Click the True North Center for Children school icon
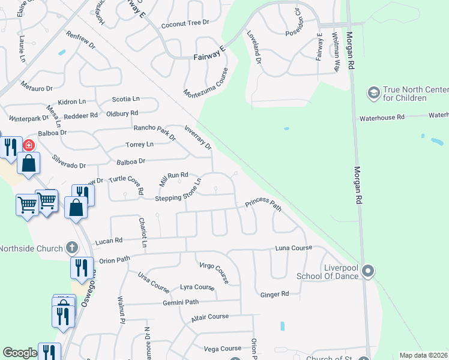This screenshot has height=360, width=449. click(373, 93)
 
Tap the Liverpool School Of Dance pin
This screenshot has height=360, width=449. click(369, 272)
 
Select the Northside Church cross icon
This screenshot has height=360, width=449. click(71, 247)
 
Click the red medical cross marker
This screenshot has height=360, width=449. click(28, 145)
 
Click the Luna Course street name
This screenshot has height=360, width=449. click(294, 248)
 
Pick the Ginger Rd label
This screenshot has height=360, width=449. click(275, 294)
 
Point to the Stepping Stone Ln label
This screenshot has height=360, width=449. click(178, 191)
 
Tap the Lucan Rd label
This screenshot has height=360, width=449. click(109, 240)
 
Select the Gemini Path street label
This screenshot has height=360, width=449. click(180, 302)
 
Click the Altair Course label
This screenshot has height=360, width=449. click(210, 317)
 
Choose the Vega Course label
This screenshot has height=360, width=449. click(222, 349)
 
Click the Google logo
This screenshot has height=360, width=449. click(20, 353)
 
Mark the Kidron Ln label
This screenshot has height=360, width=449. click(72, 103)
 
